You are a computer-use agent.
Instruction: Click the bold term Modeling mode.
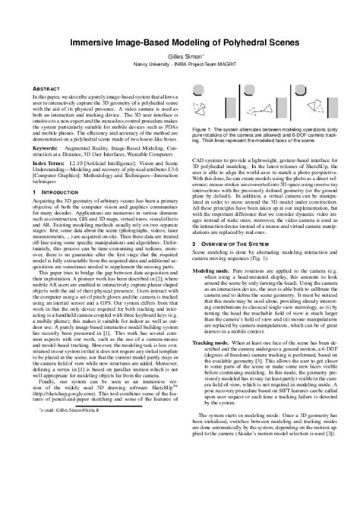[x=211, y=270]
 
